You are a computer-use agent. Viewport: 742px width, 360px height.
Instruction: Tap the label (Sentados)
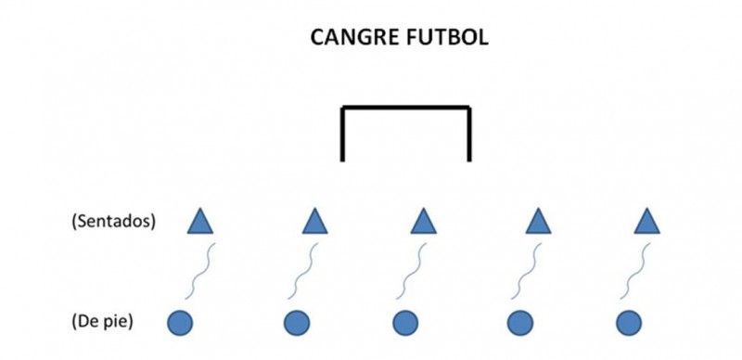113,222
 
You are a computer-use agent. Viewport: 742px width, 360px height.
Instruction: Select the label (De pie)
102,322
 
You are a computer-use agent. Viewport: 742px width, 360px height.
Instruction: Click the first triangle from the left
200,223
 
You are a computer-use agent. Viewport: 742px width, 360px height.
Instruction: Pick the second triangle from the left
315,223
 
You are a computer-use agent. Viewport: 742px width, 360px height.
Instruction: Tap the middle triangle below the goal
424,223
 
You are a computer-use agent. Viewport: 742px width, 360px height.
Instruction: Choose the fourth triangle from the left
539,223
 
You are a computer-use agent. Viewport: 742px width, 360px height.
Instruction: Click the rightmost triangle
646,223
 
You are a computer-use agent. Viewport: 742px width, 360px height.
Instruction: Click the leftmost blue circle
180,323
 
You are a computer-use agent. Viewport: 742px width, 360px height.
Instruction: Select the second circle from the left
297,323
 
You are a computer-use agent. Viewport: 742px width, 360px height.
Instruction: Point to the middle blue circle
405,323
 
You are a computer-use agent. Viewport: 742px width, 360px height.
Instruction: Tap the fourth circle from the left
520,323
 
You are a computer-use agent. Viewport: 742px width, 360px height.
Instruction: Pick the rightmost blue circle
629,323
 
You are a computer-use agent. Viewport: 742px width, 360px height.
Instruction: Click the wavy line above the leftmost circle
200,271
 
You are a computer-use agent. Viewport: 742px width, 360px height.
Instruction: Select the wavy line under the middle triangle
411,271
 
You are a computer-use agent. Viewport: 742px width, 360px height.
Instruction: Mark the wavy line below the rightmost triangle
635,271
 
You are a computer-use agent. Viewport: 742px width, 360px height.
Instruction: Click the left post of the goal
342,134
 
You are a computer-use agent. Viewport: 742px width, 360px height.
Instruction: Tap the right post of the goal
469,134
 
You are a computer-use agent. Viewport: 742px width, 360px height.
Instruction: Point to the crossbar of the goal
406,108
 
